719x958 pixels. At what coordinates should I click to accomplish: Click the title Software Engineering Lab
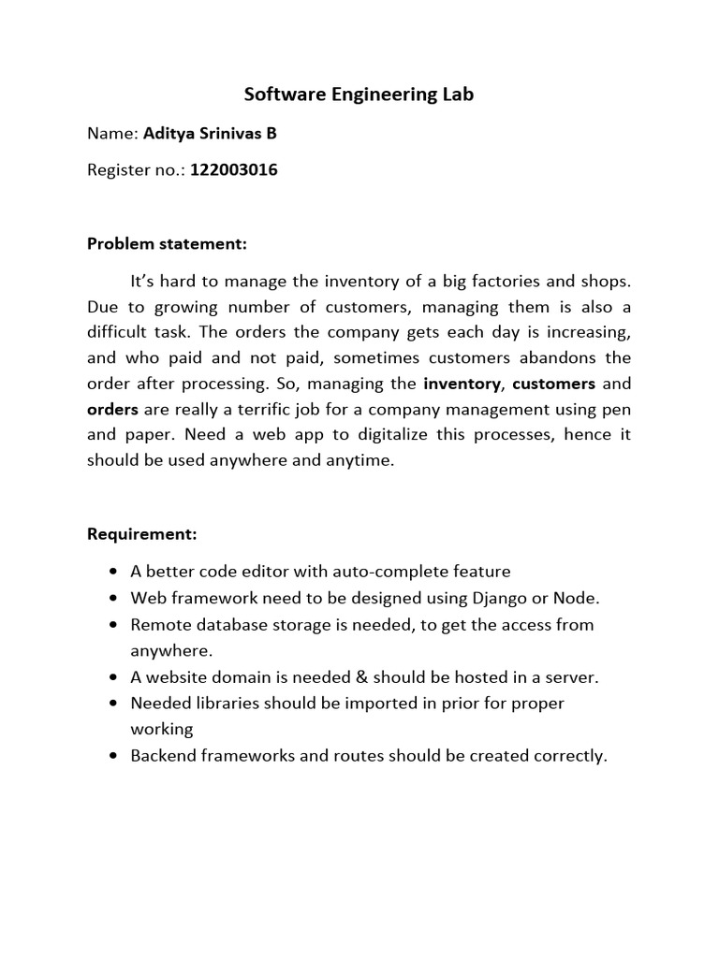pyautogui.click(x=359, y=94)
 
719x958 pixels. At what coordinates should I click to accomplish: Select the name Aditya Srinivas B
pyautogui.click(x=210, y=133)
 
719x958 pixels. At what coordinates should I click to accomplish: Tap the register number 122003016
pyautogui.click(x=234, y=170)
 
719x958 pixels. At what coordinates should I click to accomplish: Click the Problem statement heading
pyautogui.click(x=167, y=244)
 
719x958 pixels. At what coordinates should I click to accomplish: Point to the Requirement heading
pyautogui.click(x=142, y=534)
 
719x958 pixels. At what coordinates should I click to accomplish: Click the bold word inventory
pyautogui.click(x=462, y=384)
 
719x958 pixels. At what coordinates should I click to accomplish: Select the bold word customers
pyautogui.click(x=554, y=384)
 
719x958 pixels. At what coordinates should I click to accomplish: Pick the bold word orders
pyautogui.click(x=113, y=409)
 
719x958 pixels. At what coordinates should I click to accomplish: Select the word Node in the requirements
pyautogui.click(x=579, y=598)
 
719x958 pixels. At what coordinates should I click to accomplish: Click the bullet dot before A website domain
pyautogui.click(x=112, y=677)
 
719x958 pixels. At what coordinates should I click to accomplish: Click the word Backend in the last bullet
pyautogui.click(x=161, y=756)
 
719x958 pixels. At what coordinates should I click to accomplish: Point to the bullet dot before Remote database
pyautogui.click(x=112, y=625)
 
